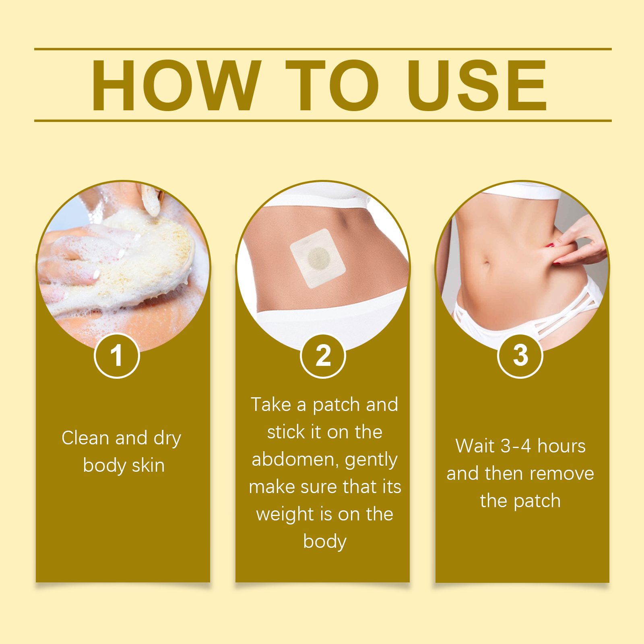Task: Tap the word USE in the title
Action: (477, 85)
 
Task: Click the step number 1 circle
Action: (117, 356)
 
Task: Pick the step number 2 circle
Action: (323, 356)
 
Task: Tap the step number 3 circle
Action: (520, 356)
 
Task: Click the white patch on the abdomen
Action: (318, 258)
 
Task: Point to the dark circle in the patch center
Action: (319, 258)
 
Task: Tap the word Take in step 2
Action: (271, 405)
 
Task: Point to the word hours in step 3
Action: (561, 446)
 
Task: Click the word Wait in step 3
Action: (475, 446)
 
